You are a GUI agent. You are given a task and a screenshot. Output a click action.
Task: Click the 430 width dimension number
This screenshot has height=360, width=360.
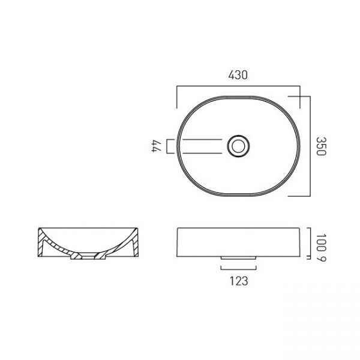click(x=238, y=75)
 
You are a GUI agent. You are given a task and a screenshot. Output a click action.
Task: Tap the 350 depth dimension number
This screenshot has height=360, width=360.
click(x=321, y=146)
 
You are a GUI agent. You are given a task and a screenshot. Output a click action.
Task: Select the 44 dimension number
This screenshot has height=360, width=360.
click(x=157, y=146)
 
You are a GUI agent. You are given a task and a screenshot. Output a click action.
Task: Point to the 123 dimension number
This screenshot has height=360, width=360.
click(x=239, y=281)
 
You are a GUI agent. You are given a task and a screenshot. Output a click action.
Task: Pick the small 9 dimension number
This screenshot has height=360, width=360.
click(x=321, y=259)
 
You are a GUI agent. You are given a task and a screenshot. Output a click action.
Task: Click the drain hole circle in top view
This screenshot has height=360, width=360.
click(x=238, y=146)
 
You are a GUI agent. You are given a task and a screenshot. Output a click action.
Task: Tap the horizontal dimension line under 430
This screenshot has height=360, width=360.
click(x=238, y=86)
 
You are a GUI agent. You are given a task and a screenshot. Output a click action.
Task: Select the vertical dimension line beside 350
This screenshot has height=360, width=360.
click(x=310, y=146)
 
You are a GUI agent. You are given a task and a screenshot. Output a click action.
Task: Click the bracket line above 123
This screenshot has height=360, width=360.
click(x=238, y=269)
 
